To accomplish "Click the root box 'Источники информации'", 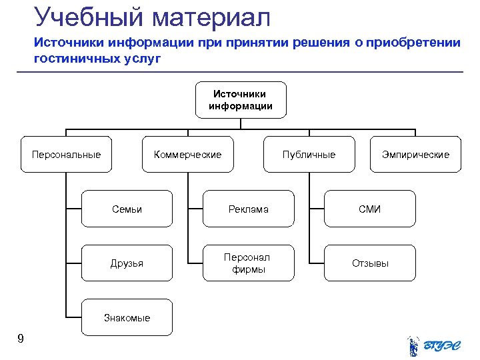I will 241,100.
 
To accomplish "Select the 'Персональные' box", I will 66,155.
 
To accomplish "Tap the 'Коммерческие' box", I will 187,155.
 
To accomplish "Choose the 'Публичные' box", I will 309,155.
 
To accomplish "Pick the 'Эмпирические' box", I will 415,155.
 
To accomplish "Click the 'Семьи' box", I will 127,209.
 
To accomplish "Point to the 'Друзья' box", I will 127,263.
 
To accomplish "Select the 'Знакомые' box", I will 127,317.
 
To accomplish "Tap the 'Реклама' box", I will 248,209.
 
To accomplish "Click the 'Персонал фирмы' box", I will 248,263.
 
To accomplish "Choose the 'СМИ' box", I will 369,209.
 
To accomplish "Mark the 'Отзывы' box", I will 369,263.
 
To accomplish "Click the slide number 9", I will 21,339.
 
